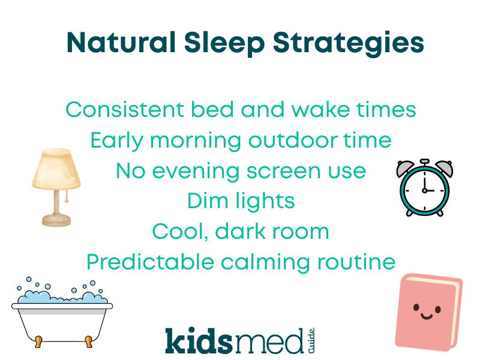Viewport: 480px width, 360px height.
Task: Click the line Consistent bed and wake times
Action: tap(240, 110)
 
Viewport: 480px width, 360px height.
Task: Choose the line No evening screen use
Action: tap(240, 171)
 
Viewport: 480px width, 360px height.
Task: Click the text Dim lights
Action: tap(240, 201)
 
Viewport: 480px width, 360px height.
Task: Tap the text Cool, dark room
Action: tap(240, 232)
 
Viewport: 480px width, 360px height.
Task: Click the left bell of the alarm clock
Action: tap(407, 168)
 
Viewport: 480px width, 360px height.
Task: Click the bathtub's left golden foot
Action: tap(38, 341)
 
